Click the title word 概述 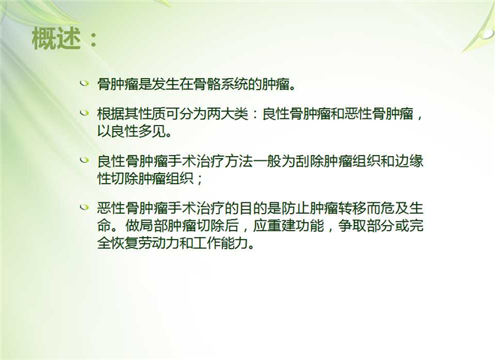point(56,38)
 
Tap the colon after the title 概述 point(94,40)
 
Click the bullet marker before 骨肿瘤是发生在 point(84,83)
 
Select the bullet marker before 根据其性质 point(84,112)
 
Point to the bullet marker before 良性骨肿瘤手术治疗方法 point(84,160)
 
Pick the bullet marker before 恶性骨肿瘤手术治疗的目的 point(84,207)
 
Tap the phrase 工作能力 point(220,243)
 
